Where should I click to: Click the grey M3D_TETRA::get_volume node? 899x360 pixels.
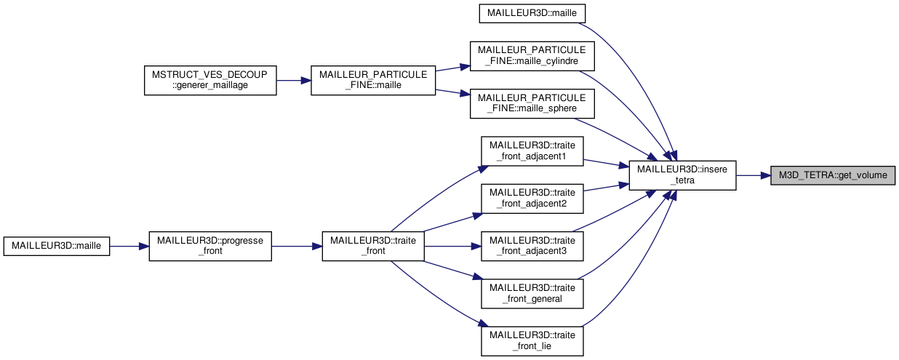pyautogui.click(x=833, y=175)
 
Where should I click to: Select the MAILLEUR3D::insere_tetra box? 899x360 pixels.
pyautogui.click(x=682, y=175)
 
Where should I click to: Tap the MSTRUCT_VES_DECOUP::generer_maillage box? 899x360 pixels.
pyautogui.click(x=209, y=80)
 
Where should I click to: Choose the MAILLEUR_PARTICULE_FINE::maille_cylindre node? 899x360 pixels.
pyautogui.click(x=532, y=56)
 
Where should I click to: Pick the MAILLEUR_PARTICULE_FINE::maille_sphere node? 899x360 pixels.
pyautogui.click(x=532, y=103)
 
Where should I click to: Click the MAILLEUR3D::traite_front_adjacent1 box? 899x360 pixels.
pyautogui.click(x=532, y=151)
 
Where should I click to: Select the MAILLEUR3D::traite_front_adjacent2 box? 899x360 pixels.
pyautogui.click(x=532, y=198)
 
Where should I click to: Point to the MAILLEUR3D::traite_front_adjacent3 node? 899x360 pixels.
pyautogui.click(x=532, y=246)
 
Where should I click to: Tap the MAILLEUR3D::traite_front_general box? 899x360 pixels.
pyautogui.click(x=532, y=293)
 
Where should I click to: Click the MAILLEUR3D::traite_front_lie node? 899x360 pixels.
pyautogui.click(x=532, y=340)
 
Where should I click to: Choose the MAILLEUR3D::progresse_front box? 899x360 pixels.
pyautogui.click(x=209, y=246)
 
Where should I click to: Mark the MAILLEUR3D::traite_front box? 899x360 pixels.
pyautogui.click(x=372, y=246)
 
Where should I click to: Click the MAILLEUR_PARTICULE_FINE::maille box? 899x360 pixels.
pyautogui.click(x=372, y=80)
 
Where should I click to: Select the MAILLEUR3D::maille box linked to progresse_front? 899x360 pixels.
pyautogui.click(x=56, y=246)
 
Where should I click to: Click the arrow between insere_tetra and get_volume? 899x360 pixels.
pyautogui.click(x=754, y=175)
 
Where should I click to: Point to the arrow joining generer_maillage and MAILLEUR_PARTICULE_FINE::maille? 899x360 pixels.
pyautogui.click(x=293, y=80)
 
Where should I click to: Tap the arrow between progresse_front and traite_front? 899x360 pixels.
pyautogui.click(x=297, y=246)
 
